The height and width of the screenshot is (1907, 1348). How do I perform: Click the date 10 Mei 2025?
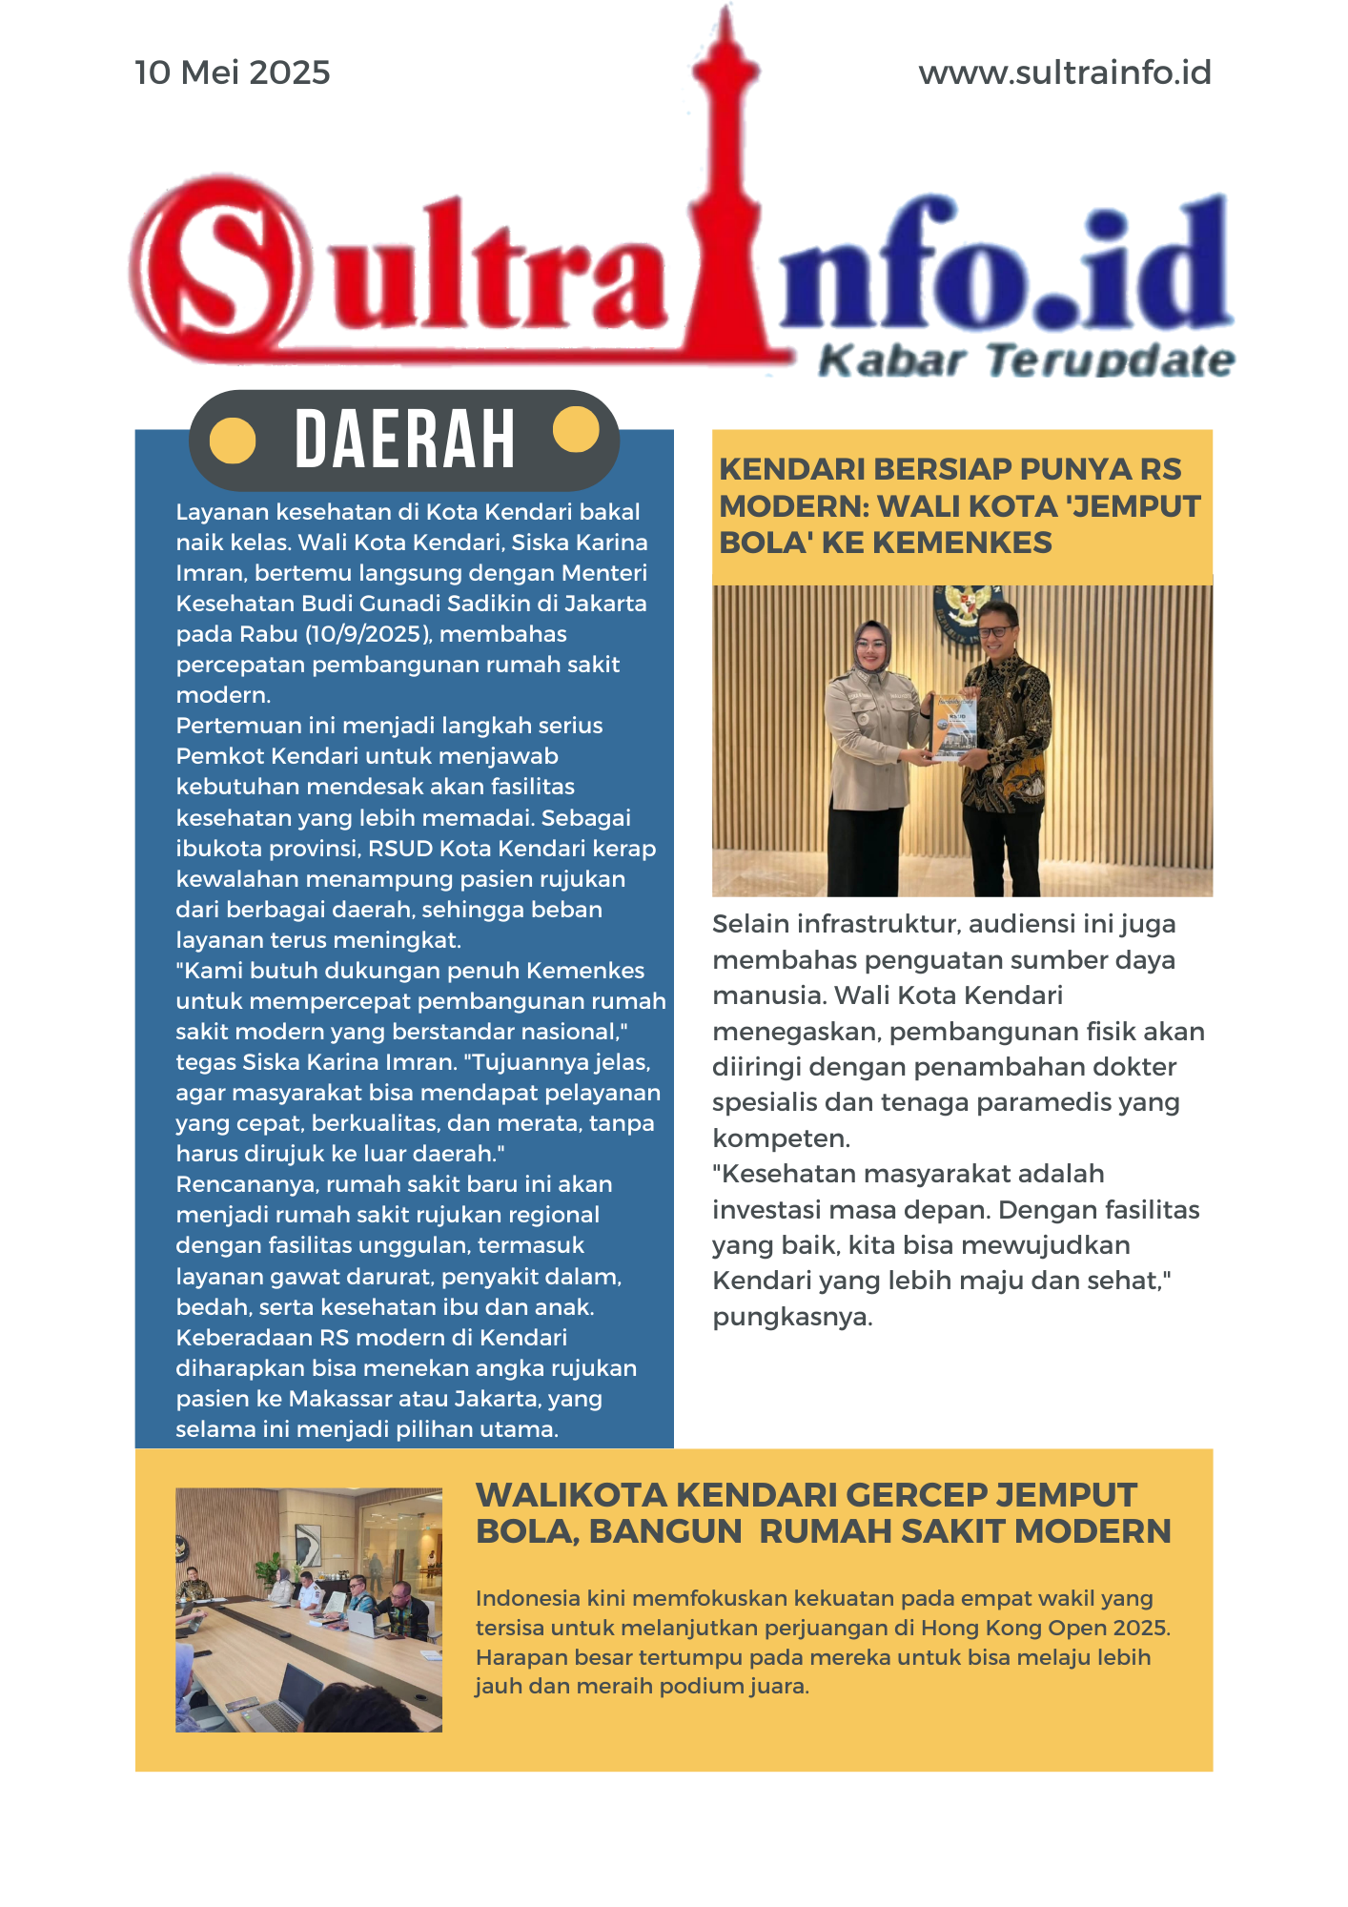tap(233, 72)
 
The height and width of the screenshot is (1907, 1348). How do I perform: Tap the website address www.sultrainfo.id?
tap(1064, 72)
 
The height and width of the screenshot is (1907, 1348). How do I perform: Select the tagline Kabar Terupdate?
tap(1026, 361)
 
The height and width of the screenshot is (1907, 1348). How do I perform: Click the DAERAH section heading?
tap(405, 440)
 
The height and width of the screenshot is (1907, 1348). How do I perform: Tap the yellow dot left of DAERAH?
tap(233, 441)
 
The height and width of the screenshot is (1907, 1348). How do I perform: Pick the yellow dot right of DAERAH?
tap(576, 430)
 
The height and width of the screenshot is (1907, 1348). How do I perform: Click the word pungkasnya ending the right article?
tap(792, 1317)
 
